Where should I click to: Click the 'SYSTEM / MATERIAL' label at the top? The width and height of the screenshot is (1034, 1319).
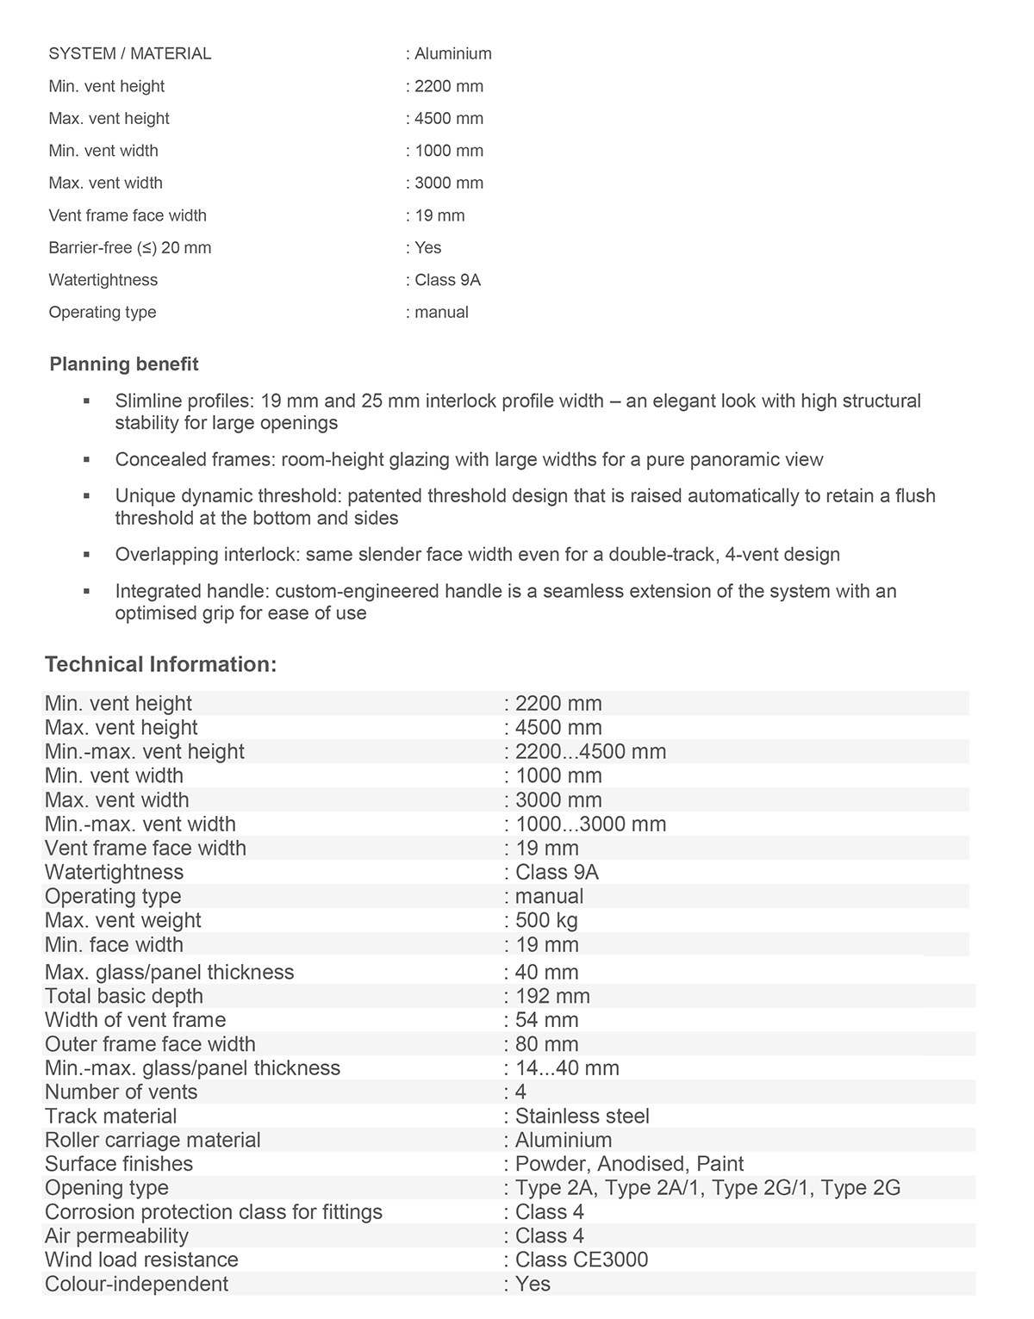[x=129, y=53]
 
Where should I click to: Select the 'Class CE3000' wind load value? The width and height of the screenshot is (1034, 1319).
[x=582, y=1260]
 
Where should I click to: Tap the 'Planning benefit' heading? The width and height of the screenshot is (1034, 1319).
[x=124, y=364]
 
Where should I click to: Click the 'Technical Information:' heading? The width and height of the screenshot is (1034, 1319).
[x=160, y=664]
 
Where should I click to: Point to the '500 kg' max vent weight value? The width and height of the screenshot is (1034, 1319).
[x=546, y=920]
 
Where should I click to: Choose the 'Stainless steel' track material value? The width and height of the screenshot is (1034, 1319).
[x=582, y=1116]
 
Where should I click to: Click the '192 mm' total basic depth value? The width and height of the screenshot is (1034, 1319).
[x=552, y=996]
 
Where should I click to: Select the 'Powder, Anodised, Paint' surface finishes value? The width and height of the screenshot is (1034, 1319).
[x=629, y=1164]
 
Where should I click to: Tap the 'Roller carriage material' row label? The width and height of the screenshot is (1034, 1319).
[x=153, y=1140]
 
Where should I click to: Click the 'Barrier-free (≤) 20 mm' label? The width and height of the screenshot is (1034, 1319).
[x=129, y=248]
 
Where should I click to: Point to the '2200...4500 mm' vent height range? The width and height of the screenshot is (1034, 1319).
[x=590, y=751]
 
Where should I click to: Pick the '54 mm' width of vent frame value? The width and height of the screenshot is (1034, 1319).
[x=547, y=1020]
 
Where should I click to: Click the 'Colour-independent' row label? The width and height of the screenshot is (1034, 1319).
[x=136, y=1284]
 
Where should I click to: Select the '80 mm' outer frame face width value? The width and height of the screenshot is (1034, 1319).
[x=547, y=1044]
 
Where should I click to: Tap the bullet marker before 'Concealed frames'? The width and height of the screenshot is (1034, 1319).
[x=87, y=460]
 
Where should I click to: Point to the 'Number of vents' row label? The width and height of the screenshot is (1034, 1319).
[x=121, y=1092]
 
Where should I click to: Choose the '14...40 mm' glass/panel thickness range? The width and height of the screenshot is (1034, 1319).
[x=567, y=1068]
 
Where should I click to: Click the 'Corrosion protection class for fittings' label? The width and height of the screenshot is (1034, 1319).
[x=213, y=1212]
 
